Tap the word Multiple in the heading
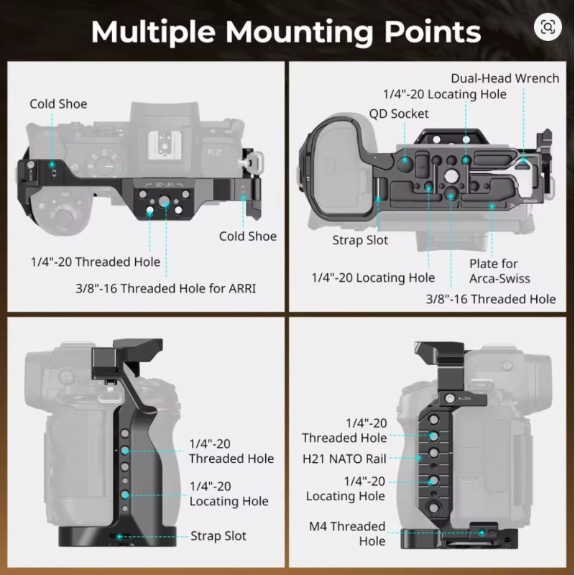(152, 32)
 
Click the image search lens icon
(548, 27)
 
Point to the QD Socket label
(399, 114)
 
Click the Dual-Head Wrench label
(505, 78)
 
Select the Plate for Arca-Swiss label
(500, 271)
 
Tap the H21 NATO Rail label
(344, 459)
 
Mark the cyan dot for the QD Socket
(405, 162)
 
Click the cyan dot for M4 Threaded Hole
(481, 534)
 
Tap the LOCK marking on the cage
(466, 397)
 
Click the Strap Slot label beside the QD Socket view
(359, 240)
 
